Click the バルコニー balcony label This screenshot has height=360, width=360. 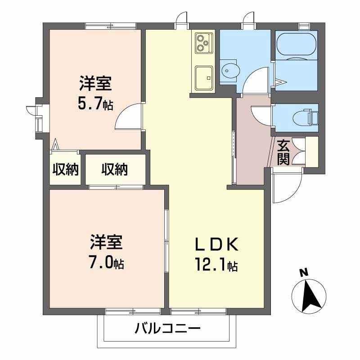tap(167, 328)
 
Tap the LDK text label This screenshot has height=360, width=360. tap(216, 245)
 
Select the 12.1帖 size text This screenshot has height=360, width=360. tap(216, 265)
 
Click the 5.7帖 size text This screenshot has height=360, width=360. tap(95, 104)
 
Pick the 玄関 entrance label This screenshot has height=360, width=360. tap(283, 153)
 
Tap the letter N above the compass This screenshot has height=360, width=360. tap(304, 273)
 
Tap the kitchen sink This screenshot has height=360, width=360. tap(204, 78)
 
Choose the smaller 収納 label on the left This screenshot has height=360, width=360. tap(66, 170)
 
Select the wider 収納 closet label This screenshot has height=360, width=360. tap(115, 170)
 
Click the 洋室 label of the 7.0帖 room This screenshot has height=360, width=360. tap(106, 242)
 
